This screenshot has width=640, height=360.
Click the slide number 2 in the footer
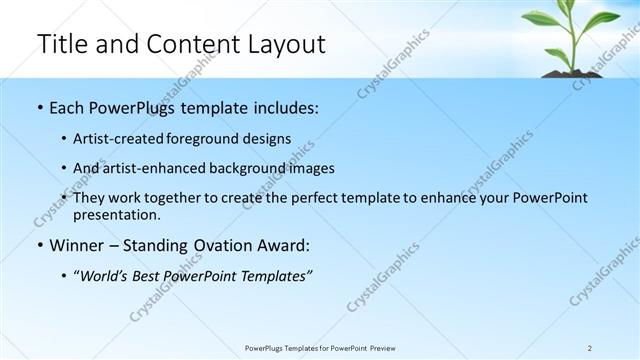tap(590, 348)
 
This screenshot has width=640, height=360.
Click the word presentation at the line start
tap(117, 215)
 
